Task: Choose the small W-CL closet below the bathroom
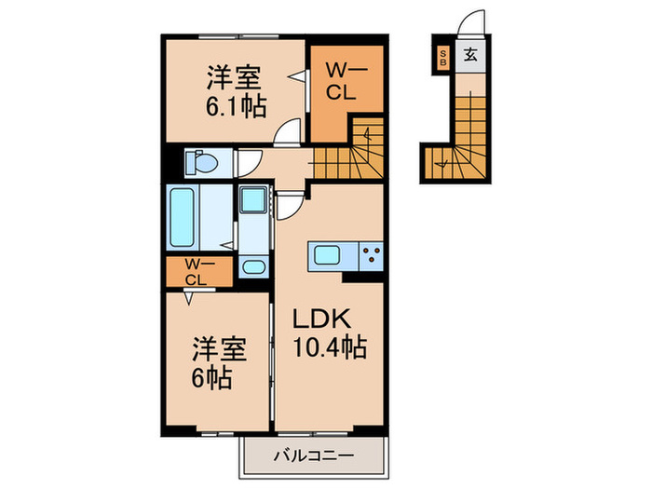pyautogui.click(x=195, y=272)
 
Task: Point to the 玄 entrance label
pyautogui.click(x=470, y=55)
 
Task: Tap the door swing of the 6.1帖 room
pyautogui.click(x=291, y=133)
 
